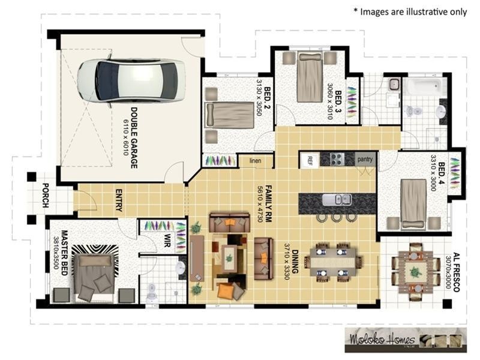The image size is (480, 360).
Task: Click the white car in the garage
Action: (x=131, y=80)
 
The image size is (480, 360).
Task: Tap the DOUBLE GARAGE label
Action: (x=131, y=137)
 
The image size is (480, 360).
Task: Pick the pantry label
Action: (x=365, y=160)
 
